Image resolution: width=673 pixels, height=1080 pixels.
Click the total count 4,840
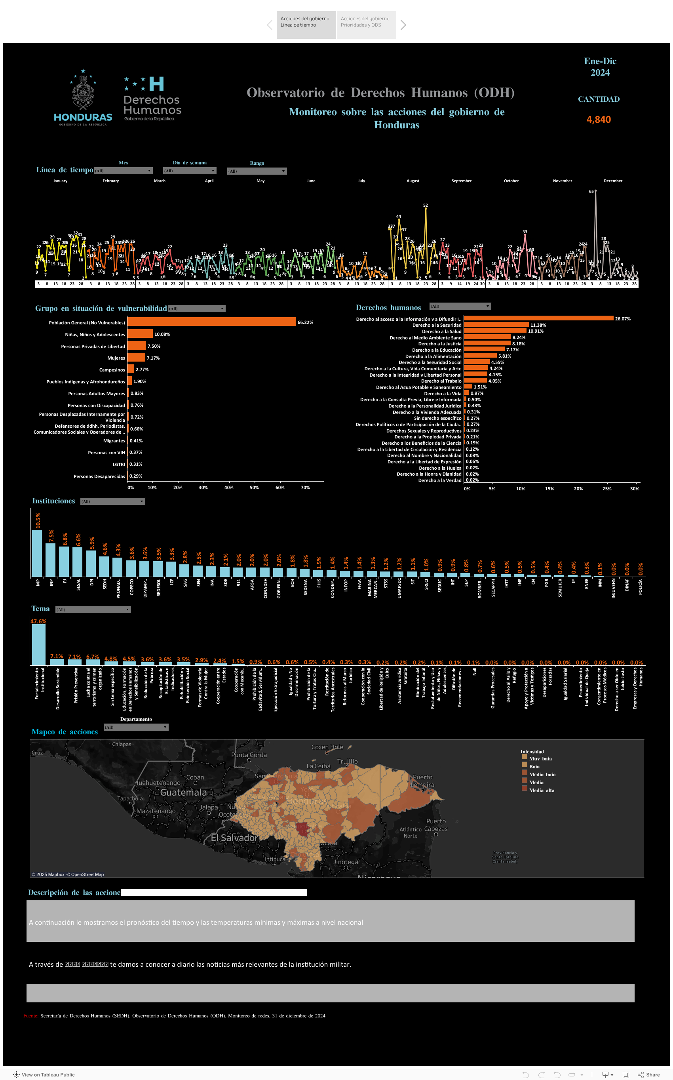[x=598, y=119]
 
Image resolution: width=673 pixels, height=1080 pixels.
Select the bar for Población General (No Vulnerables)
[x=211, y=322]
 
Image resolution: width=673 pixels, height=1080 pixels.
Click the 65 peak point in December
[x=595, y=191]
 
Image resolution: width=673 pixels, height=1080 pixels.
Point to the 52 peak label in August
[x=425, y=205]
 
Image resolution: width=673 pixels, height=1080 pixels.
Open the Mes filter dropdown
[x=123, y=171]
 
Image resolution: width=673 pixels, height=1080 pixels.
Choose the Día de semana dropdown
[x=190, y=171]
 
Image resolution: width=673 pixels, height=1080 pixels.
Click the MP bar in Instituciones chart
[x=37, y=553]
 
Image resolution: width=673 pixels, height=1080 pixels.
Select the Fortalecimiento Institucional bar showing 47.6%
[x=38, y=644]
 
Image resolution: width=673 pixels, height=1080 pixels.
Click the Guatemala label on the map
[x=183, y=792]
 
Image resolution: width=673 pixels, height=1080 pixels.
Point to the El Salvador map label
[x=234, y=838]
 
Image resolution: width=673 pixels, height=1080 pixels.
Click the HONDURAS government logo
[x=83, y=98]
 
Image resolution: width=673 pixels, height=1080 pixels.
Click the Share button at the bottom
[x=648, y=1074]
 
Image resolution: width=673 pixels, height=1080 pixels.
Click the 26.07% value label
[x=622, y=319]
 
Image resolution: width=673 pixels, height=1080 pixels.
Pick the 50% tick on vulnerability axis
[x=254, y=488]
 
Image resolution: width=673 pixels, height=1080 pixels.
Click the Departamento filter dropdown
[x=136, y=727]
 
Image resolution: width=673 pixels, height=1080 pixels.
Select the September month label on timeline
[x=461, y=181]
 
